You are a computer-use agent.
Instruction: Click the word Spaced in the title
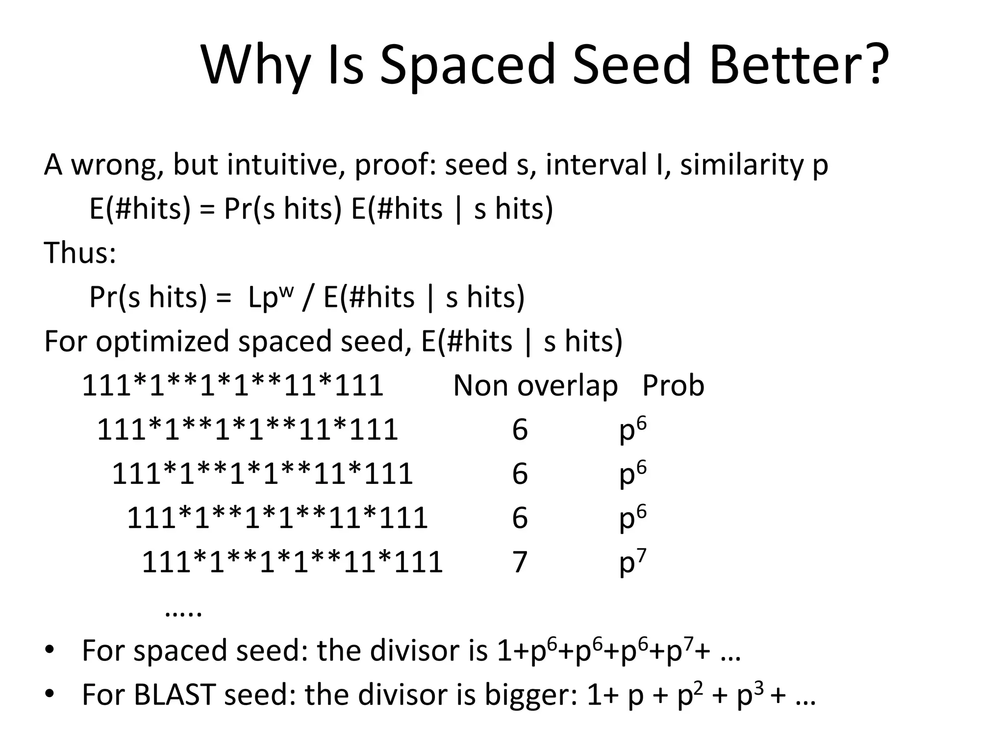click(x=467, y=65)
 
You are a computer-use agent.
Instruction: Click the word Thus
click(x=79, y=253)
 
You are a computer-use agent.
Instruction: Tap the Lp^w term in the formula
click(x=270, y=297)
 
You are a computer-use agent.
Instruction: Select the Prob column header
click(x=673, y=385)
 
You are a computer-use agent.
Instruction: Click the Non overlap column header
click(x=535, y=385)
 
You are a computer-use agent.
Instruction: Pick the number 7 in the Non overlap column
click(x=520, y=562)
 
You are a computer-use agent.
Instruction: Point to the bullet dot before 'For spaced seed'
click(x=49, y=651)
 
